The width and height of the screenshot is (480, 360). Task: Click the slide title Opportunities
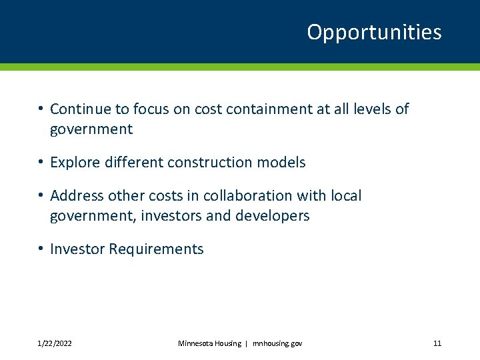[374, 33]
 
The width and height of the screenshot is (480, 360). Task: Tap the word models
[284, 162]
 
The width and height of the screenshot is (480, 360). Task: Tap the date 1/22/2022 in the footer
[55, 343]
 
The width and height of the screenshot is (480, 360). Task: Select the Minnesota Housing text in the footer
[209, 343]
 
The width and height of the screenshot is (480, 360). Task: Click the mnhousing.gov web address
[277, 343]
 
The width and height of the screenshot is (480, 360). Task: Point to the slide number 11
[437, 343]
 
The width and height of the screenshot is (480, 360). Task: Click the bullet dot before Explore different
[41, 162]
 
